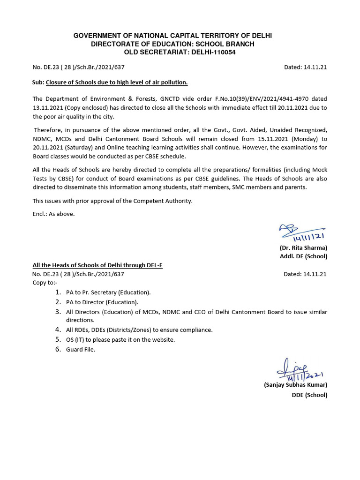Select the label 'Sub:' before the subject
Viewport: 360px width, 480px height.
point(38,82)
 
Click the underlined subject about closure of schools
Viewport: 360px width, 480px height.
point(117,82)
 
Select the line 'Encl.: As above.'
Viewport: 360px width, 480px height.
point(53,214)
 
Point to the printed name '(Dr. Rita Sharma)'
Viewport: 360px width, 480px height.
point(303,247)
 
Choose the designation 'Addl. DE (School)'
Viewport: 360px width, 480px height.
point(303,256)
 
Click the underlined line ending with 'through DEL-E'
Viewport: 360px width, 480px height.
point(97,265)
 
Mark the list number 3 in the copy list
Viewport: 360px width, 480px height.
point(58,312)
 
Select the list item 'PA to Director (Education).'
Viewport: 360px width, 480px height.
point(102,302)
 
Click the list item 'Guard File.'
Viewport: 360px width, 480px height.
point(81,350)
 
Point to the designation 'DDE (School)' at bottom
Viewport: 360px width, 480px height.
point(309,395)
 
